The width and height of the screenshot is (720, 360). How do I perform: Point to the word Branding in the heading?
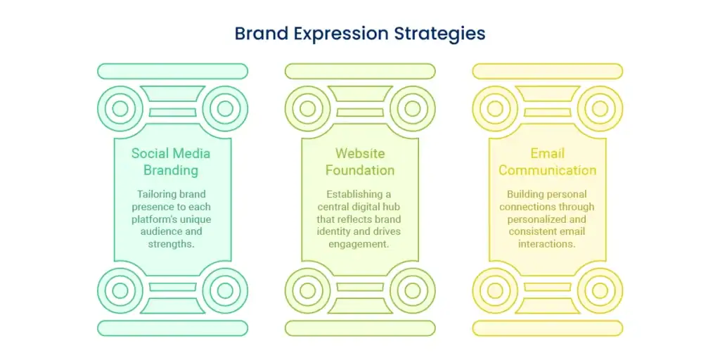171,170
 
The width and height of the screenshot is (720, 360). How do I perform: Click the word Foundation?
360,170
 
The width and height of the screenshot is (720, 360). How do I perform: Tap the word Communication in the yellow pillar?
547,170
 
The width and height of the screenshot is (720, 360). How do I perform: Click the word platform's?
154,219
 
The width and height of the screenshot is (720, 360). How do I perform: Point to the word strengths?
171,244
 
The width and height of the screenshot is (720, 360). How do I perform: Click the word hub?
394,207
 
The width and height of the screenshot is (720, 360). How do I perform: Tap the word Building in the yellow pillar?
523,194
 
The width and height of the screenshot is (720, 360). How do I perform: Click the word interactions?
547,244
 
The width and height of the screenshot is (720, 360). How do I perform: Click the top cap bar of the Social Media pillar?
173,71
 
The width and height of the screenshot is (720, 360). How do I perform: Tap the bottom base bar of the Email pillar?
547,328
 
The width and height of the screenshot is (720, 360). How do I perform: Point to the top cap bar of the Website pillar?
360,71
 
